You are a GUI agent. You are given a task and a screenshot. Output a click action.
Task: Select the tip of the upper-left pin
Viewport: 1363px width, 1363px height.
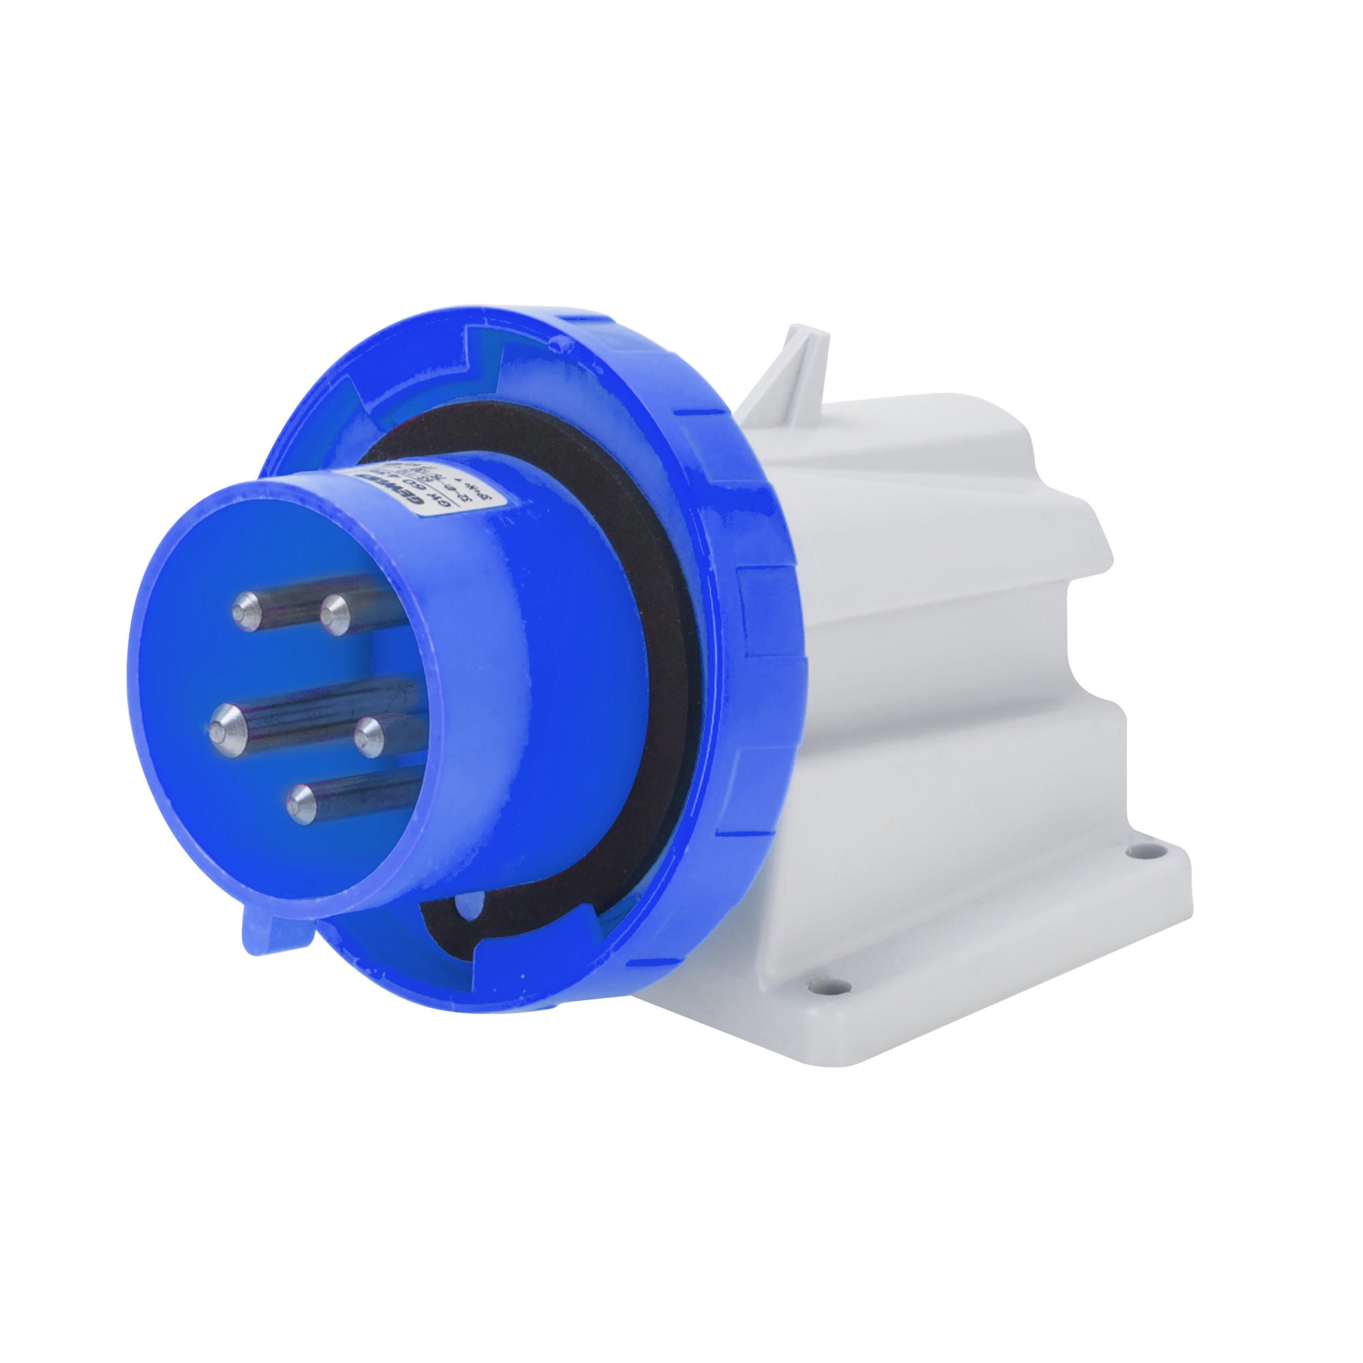click(246, 610)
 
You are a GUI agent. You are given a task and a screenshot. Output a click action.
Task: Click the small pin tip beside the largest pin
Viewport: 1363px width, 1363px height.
click(367, 737)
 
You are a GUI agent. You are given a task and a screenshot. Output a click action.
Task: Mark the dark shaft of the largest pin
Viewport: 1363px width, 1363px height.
click(310, 713)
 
